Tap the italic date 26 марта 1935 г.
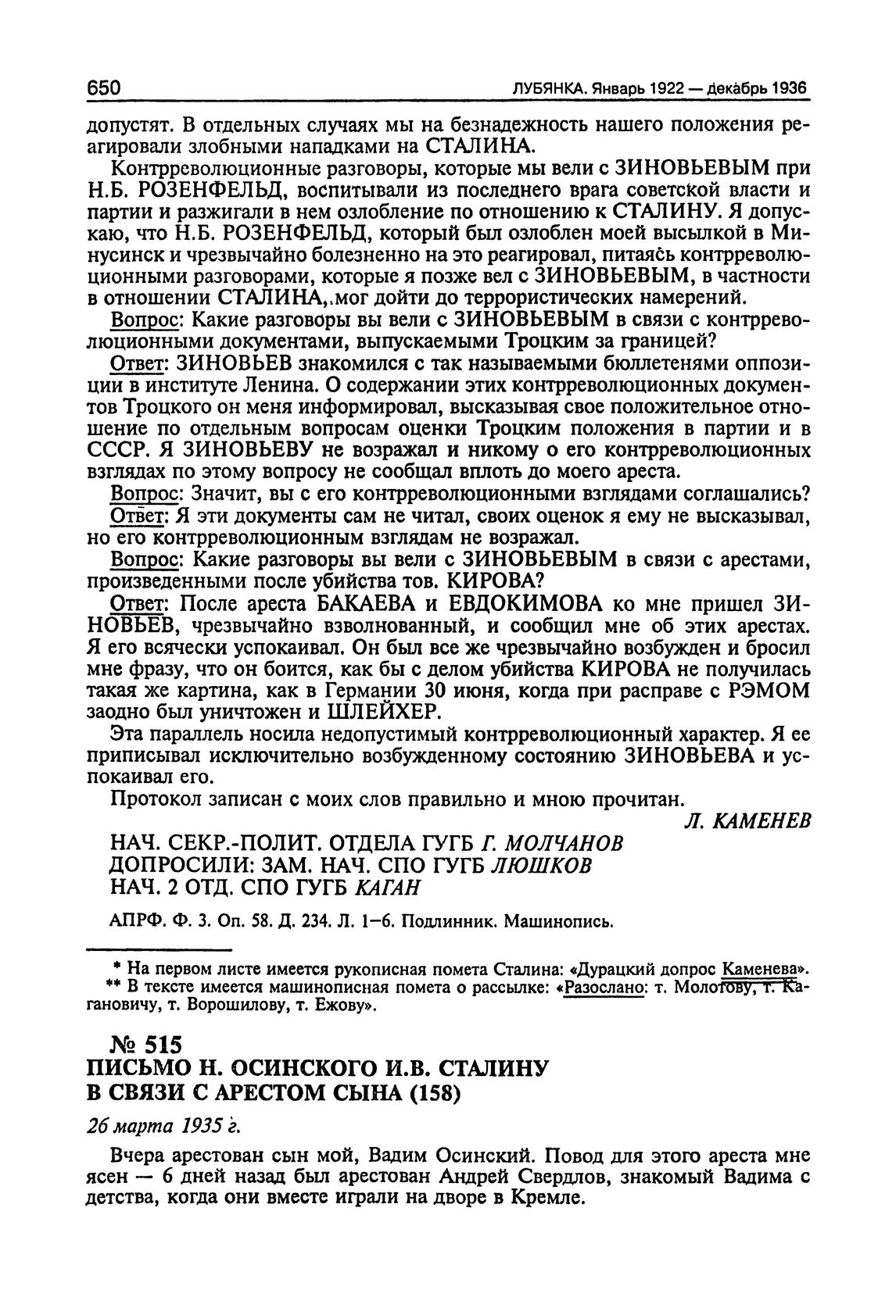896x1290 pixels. click(x=163, y=1126)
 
